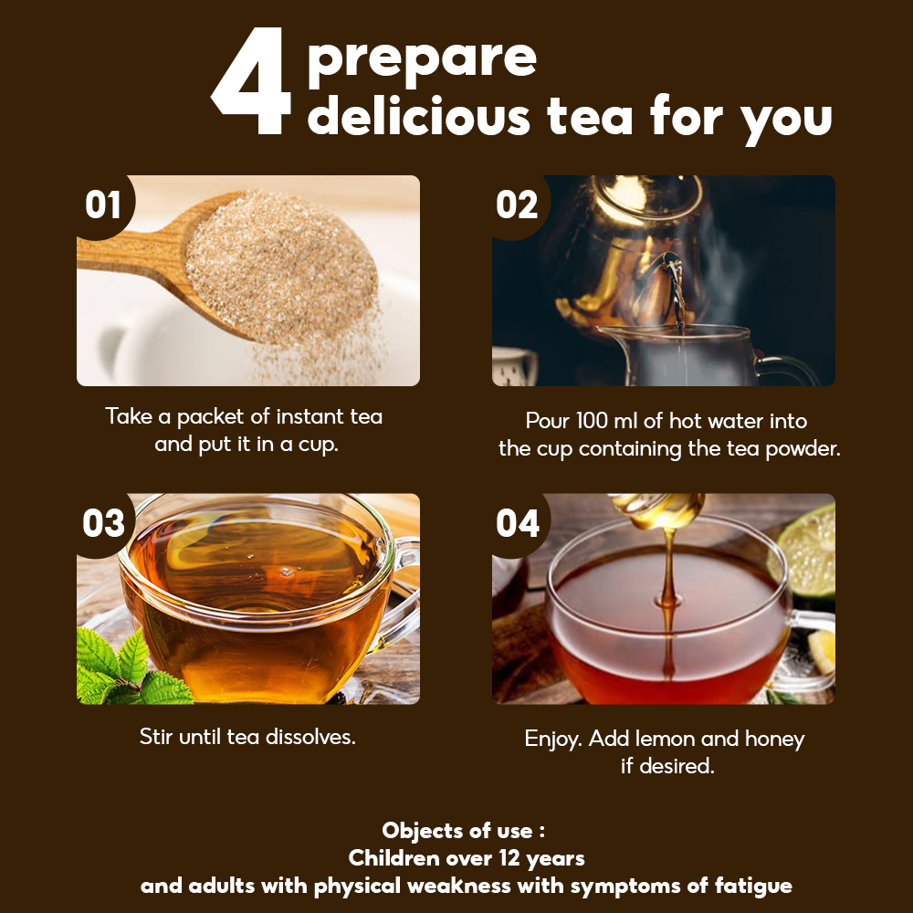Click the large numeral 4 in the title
(252, 80)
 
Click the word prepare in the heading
(422, 60)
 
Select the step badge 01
(103, 205)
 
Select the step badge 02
(517, 205)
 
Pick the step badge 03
(104, 523)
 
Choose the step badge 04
(518, 523)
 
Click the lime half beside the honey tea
(803, 551)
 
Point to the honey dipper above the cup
(656, 509)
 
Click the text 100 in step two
(593, 420)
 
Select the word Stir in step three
(157, 737)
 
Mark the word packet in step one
(210, 417)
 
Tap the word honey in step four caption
(774, 740)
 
